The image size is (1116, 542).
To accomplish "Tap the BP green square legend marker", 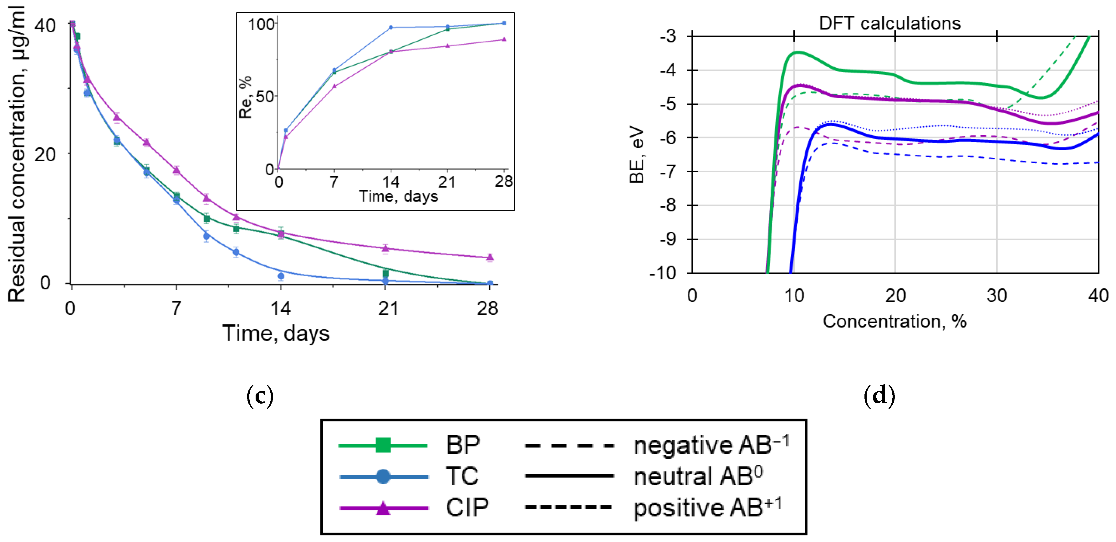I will pos(383,445).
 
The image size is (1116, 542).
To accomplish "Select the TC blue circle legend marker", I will pos(383,476).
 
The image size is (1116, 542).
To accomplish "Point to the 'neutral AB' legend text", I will pos(697,477).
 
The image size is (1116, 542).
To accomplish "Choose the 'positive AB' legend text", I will pos(707,508).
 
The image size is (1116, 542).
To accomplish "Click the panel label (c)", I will pos(260,395).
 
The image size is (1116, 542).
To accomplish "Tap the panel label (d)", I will pos(879,395).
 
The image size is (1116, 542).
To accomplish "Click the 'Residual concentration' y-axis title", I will pos(17,154).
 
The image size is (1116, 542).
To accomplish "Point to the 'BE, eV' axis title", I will pos(637,155).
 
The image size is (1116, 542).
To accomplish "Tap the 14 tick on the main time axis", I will pos(281,309).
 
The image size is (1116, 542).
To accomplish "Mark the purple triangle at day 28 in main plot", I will pos(490,257).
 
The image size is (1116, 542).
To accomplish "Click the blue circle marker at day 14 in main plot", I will pos(281,276).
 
